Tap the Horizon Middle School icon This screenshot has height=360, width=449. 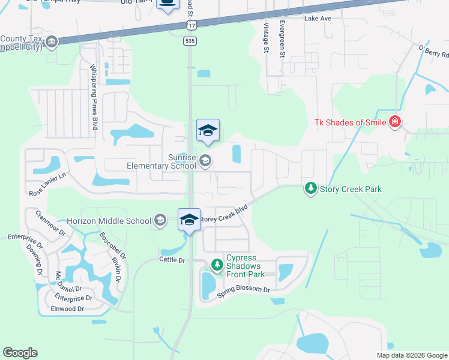click(160, 221)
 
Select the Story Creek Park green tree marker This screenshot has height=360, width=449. click(310, 189)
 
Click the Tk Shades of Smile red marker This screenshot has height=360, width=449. click(395, 123)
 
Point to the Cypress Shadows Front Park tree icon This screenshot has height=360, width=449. click(216, 264)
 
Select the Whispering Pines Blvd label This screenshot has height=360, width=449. click(94, 97)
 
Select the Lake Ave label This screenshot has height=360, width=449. click(318, 19)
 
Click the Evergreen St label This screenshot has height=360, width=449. click(282, 40)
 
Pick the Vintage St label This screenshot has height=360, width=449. click(266, 37)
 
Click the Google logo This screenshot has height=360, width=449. click(20, 353)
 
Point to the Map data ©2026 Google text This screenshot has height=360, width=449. click(411, 355)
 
